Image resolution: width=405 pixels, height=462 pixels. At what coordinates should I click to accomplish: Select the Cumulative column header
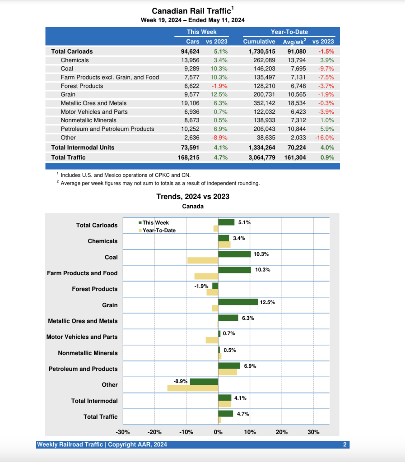click(x=259, y=42)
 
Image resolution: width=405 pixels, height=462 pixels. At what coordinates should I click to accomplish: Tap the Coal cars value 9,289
click(x=190, y=69)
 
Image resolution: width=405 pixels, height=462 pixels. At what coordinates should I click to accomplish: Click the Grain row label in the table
click(x=68, y=94)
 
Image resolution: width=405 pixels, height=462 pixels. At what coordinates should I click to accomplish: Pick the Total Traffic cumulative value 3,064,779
click(x=262, y=157)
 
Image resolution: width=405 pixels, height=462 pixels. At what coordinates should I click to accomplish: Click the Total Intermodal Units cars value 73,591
click(x=190, y=148)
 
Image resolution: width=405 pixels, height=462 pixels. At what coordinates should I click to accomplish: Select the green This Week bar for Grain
click(x=238, y=302)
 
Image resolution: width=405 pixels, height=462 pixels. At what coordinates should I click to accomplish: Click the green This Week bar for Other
click(x=204, y=382)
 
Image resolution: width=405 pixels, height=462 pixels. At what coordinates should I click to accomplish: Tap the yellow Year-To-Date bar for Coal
click(x=203, y=260)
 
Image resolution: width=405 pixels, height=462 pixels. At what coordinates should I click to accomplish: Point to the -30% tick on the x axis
click(x=123, y=432)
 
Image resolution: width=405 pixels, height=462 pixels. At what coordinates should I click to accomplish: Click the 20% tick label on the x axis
click(x=282, y=432)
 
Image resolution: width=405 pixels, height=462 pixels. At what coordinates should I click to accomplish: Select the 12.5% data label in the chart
click(x=267, y=302)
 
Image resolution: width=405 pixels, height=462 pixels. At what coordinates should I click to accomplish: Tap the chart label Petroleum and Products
click(x=83, y=369)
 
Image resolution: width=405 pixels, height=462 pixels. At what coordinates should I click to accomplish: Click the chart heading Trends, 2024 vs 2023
click(x=193, y=196)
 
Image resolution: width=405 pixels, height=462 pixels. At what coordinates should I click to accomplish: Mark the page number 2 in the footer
click(x=344, y=445)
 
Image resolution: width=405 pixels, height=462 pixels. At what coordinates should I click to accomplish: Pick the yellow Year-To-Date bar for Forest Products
click(x=212, y=292)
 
